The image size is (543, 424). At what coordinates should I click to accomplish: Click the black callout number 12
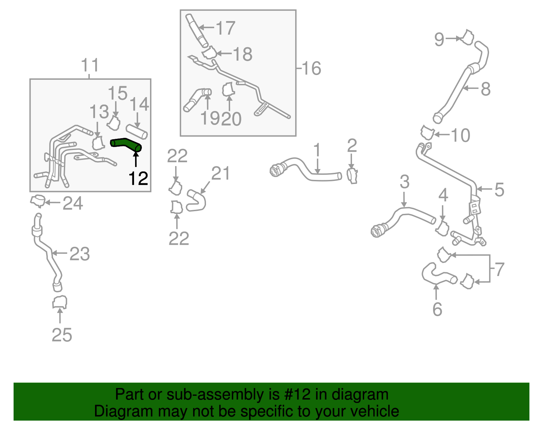coord(138,179)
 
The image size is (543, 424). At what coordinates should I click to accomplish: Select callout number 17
coord(225,28)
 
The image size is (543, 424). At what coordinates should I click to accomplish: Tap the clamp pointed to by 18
coord(209,53)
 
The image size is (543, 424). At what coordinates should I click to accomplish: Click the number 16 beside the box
coord(311,69)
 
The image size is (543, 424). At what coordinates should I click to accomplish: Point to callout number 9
coord(439,39)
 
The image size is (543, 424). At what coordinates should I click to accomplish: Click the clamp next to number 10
coord(427,132)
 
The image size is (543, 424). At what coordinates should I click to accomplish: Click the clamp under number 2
coord(352,175)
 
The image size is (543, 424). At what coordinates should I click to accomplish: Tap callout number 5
coord(499,189)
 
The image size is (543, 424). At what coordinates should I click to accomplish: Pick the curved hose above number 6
coord(438,275)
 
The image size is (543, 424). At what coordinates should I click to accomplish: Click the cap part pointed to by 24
coord(38,201)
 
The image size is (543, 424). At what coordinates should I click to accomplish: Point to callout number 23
coord(79,254)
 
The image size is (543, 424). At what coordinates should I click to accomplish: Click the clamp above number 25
coord(60,302)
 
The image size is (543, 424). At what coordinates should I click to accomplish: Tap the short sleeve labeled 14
coord(137,131)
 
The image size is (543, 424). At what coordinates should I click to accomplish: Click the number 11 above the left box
coord(90,65)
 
